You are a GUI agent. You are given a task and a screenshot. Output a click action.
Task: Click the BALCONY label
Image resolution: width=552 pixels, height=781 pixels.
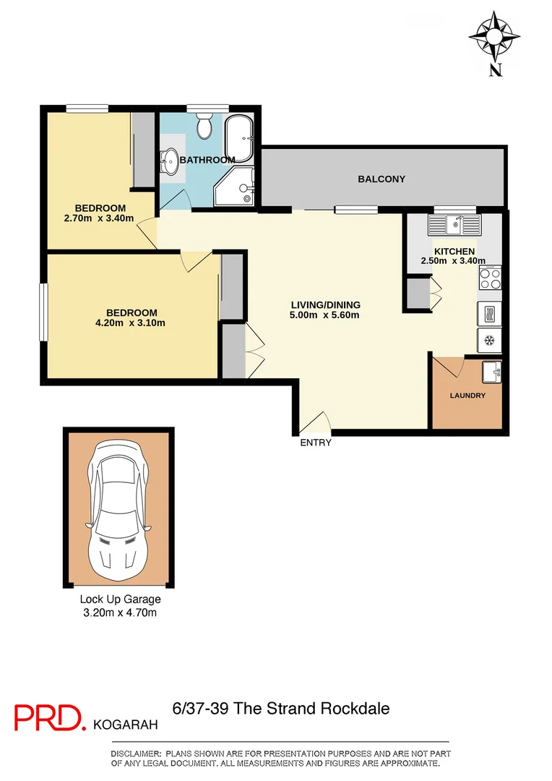(x=381, y=179)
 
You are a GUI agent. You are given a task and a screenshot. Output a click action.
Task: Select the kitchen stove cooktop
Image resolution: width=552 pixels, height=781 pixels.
(x=490, y=278)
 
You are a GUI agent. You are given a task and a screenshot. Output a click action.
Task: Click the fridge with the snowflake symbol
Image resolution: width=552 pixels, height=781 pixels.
(x=489, y=339)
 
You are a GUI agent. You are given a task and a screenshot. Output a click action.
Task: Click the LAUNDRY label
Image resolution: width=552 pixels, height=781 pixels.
(x=467, y=396)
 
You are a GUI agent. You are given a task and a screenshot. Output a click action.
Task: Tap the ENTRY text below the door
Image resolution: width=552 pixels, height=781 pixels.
(x=316, y=443)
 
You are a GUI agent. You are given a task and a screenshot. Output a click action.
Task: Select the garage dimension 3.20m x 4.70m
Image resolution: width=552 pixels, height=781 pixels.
(x=120, y=613)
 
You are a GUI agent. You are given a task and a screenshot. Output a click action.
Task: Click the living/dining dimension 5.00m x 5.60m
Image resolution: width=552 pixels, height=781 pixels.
(x=324, y=315)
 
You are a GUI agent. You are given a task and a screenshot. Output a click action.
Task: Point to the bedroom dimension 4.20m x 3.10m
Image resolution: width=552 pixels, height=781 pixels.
(x=131, y=323)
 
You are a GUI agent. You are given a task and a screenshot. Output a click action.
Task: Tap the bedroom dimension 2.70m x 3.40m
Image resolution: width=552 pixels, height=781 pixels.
(x=99, y=218)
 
